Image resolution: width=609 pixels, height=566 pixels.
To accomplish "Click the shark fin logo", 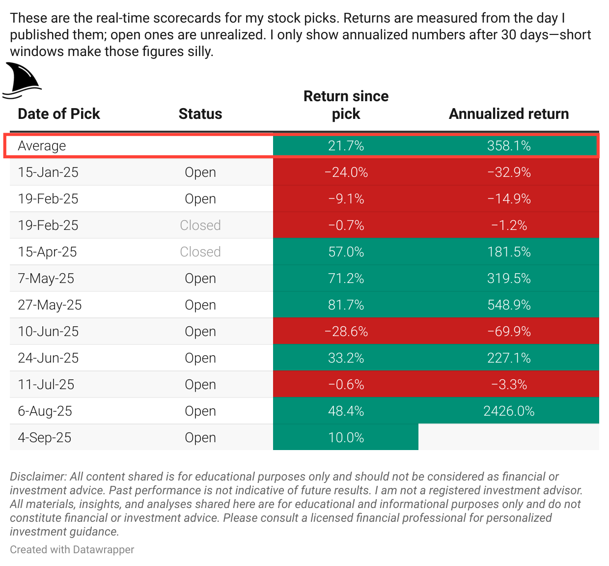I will [x=22, y=80].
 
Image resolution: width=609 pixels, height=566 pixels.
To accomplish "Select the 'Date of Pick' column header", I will [x=59, y=114].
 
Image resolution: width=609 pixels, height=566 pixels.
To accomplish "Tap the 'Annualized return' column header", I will [x=509, y=114].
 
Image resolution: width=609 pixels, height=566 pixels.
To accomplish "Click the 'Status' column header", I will [x=200, y=114].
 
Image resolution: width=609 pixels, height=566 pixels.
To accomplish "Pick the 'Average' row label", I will [x=42, y=146].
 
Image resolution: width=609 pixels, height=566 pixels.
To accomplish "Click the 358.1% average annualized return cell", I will [x=509, y=146].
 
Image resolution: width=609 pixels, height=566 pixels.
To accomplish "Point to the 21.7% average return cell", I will [x=346, y=146].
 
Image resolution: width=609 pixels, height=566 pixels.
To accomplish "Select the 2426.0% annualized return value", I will [x=509, y=411].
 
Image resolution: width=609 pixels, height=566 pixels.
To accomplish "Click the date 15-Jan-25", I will [x=48, y=172].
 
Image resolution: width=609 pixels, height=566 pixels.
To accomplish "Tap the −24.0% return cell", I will [x=346, y=172].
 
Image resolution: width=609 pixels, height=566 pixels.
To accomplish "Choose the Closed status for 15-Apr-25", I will [x=200, y=252].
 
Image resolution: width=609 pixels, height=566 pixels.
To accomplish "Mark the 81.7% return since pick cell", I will [x=346, y=305].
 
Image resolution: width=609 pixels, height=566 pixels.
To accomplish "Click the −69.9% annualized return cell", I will [x=509, y=332].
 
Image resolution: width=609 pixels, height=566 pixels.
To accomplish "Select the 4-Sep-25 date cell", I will [x=45, y=438].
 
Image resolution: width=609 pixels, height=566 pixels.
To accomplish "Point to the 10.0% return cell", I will [x=346, y=438].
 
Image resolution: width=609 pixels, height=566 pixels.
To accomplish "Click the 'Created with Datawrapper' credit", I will [x=72, y=550].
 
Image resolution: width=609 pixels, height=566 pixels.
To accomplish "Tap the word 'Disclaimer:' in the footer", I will [x=38, y=477].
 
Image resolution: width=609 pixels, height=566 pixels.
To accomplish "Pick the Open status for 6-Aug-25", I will [x=200, y=411].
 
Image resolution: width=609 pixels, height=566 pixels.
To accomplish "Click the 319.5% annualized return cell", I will [x=509, y=279].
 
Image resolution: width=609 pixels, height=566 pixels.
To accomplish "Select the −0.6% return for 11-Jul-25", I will [x=346, y=385].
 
